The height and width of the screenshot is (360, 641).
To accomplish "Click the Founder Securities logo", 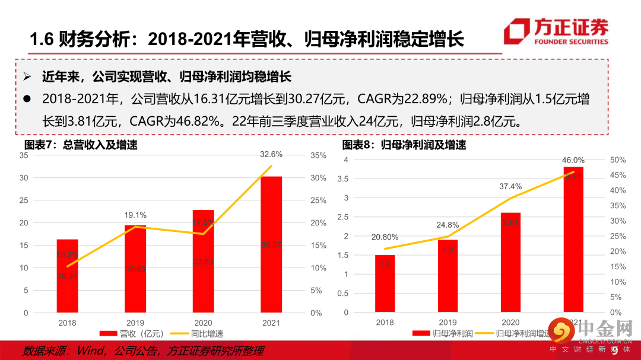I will click(x=556, y=32).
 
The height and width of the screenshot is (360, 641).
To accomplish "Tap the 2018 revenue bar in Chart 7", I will click(x=68, y=276).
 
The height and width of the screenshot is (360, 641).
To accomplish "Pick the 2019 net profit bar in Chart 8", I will click(x=448, y=276).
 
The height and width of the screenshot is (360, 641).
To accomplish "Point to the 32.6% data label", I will click(x=271, y=154).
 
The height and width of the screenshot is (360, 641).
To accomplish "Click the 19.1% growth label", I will click(x=135, y=215).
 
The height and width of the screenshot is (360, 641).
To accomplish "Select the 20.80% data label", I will click(x=385, y=237).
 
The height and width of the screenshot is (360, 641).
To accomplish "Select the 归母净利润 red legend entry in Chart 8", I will click(x=445, y=334).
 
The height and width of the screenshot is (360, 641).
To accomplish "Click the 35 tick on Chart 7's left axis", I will click(x=24, y=155).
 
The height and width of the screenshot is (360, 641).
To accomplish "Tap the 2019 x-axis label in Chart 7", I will click(x=135, y=323).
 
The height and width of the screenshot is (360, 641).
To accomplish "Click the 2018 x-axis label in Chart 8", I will click(x=385, y=323).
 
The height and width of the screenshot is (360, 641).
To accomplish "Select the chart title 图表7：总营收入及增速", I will click(x=81, y=145).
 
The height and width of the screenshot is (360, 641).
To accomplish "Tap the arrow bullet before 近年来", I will click(x=27, y=77).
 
